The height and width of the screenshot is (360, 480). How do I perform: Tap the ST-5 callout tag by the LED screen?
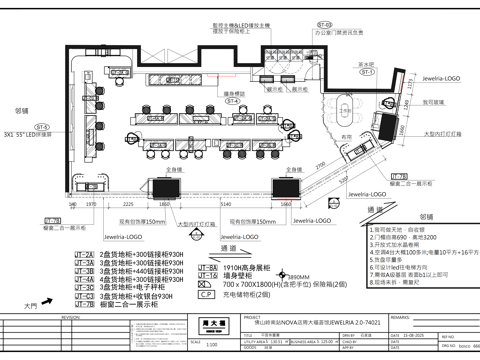tap(43, 127)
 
